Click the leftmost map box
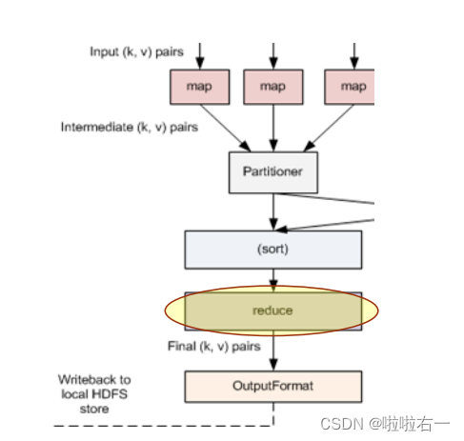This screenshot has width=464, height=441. pyautogui.click(x=199, y=88)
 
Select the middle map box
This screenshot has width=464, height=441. pyautogui.click(x=273, y=88)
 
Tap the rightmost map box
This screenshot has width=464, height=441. pyautogui.click(x=352, y=88)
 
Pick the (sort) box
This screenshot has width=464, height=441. pyautogui.click(x=272, y=250)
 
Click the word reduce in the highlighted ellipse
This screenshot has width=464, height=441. pyautogui.click(x=272, y=311)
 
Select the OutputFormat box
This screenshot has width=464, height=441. pyautogui.click(x=272, y=387)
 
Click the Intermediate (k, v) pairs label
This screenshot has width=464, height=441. pyautogui.click(x=129, y=127)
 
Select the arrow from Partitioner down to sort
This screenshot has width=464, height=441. pyautogui.click(x=273, y=210)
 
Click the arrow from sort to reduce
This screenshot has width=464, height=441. pyautogui.click(x=273, y=280)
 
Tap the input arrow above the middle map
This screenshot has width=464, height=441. pyautogui.click(x=273, y=55)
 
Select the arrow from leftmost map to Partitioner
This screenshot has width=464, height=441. pyautogui.click(x=224, y=127)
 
